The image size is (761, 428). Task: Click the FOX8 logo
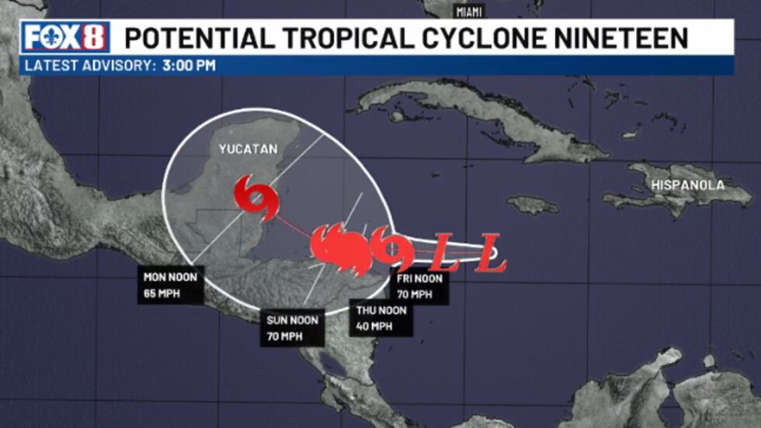(x=66, y=38)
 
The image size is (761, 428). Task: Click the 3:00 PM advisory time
(x=189, y=66)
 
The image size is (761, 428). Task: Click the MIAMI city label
(x=469, y=12)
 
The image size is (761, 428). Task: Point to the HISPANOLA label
(x=687, y=185)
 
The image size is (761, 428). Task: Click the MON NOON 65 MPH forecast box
(x=170, y=285)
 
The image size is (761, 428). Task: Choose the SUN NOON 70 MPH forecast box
(x=290, y=327)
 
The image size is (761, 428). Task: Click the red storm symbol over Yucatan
(x=251, y=193)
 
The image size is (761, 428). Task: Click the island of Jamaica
(x=533, y=205)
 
